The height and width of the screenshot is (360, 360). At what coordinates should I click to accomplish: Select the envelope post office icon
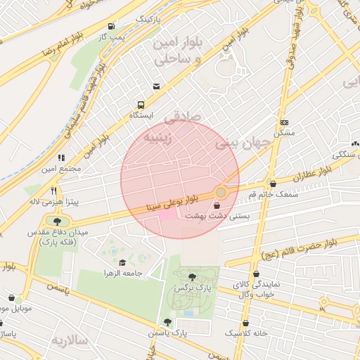[155, 86]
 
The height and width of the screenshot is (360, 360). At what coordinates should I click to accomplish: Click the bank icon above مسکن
[283, 122]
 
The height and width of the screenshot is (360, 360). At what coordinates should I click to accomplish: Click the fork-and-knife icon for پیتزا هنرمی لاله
[53, 191]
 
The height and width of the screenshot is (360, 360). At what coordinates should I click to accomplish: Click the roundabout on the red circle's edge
[221, 192]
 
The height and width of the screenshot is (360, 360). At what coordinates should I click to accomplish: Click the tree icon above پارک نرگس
[193, 276]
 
